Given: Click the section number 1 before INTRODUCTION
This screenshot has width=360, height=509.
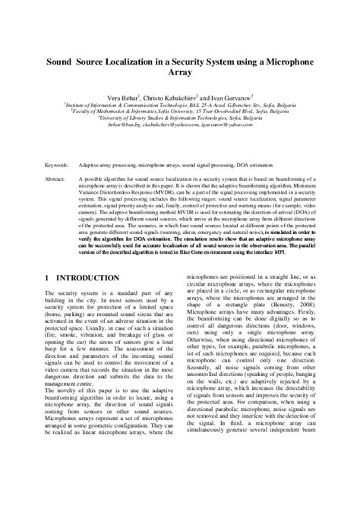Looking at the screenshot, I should tap(48, 278).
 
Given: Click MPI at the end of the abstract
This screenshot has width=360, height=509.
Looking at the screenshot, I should tap(307, 253).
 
